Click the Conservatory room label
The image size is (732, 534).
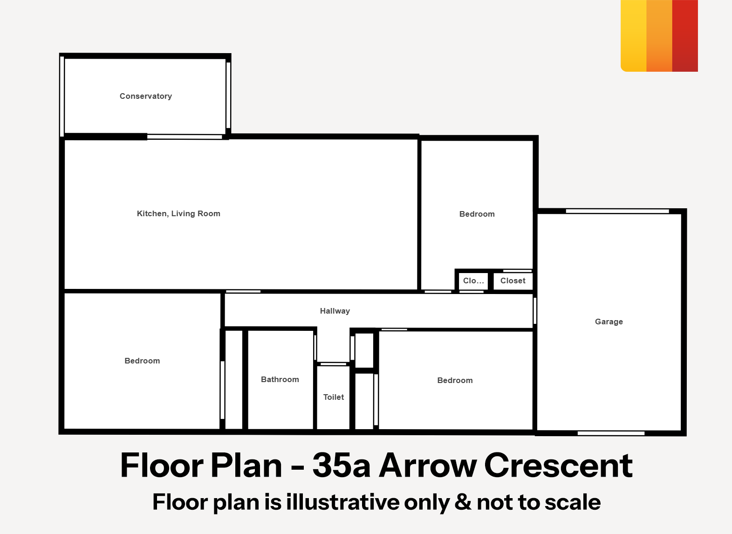click(146, 96)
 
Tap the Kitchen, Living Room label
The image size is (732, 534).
click(178, 213)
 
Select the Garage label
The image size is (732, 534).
click(609, 322)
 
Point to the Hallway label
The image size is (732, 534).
click(335, 311)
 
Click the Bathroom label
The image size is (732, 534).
click(280, 379)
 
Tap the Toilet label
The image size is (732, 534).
click(333, 397)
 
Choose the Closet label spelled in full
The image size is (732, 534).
click(513, 281)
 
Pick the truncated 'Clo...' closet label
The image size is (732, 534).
click(473, 281)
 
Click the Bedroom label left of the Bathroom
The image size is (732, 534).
click(142, 361)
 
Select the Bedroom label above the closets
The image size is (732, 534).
click(477, 214)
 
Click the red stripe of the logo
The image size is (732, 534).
click(685, 35)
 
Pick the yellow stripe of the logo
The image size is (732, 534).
click(634, 35)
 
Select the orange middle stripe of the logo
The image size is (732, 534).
click(659, 35)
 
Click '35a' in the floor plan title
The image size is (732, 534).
click(341, 465)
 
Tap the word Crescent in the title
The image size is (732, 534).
click(559, 465)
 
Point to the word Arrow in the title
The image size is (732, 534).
click(428, 465)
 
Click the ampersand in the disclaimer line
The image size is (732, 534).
click(463, 502)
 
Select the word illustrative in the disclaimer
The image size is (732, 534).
click(343, 502)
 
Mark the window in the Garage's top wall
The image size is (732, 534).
click(617, 211)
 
